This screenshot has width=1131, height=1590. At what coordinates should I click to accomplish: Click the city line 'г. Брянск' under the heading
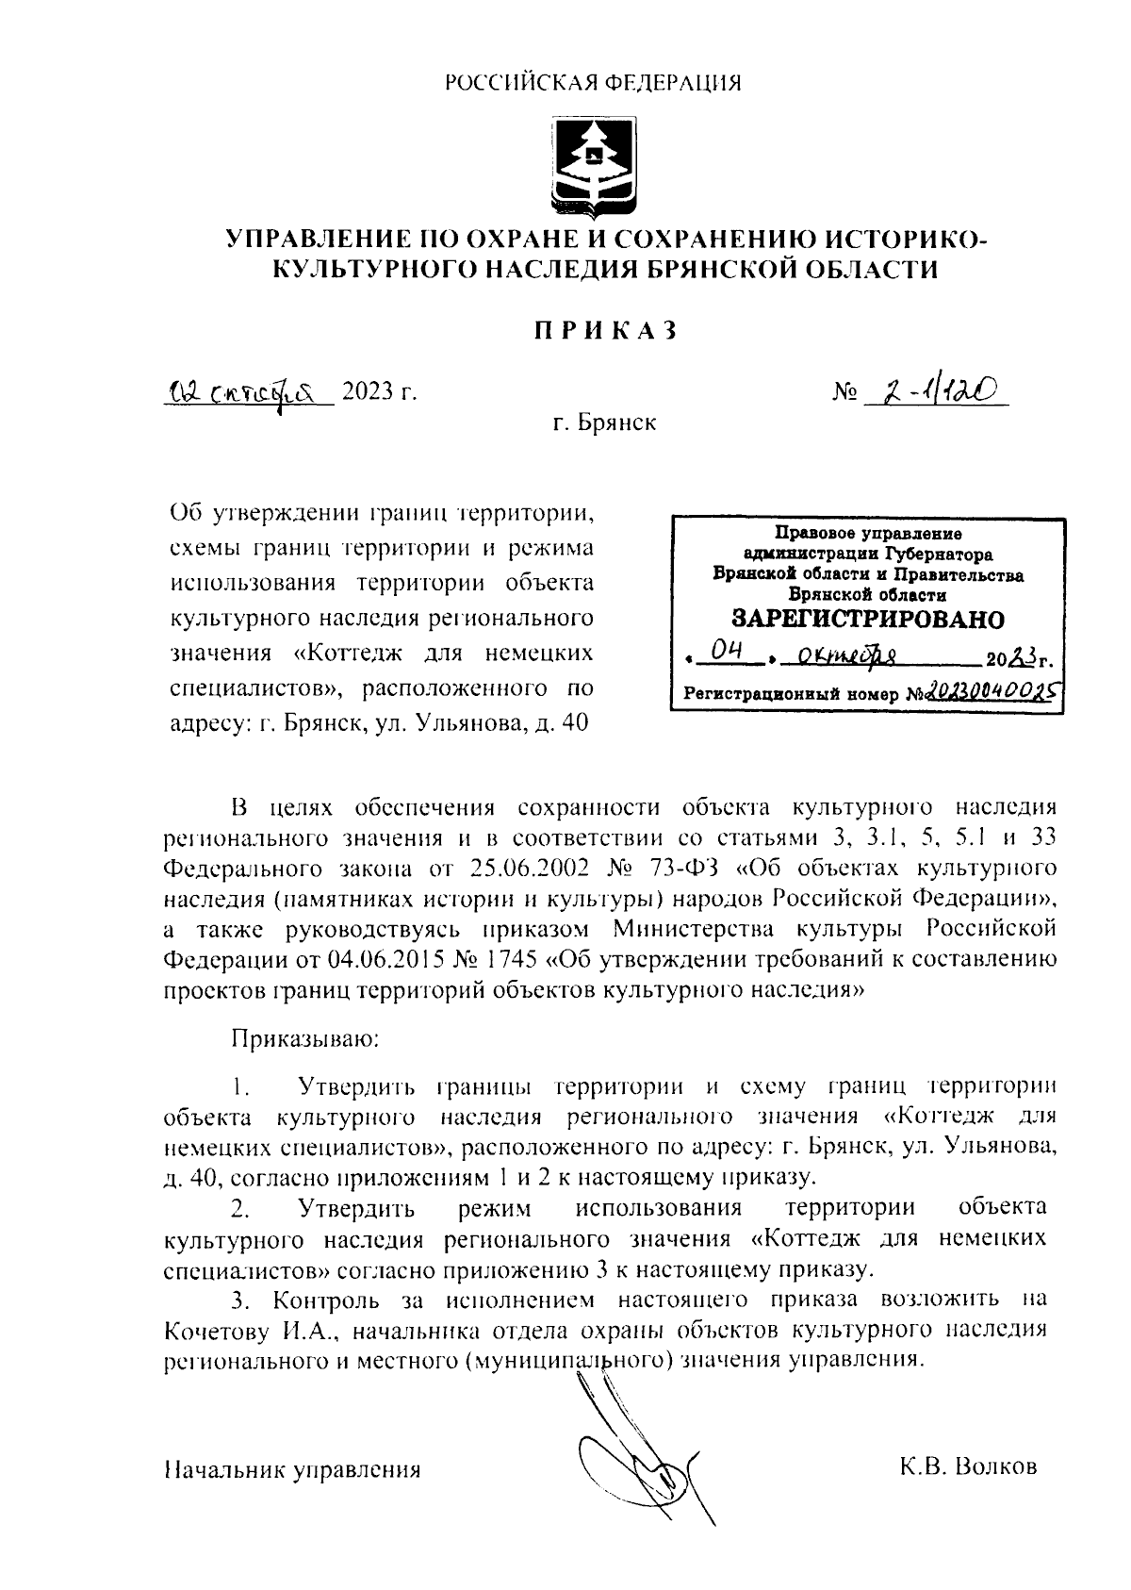pos(604,422)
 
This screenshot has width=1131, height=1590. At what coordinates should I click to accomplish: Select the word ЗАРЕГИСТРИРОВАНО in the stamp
pos(868,620)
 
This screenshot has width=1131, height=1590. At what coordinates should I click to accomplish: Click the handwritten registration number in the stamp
pos(989,693)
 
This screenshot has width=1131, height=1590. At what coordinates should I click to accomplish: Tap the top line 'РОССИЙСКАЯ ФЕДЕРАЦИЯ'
pos(593,83)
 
